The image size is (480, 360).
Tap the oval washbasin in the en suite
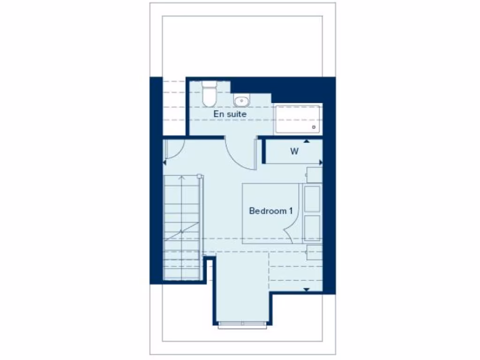[241, 100]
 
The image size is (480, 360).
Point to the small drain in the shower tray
[314, 127]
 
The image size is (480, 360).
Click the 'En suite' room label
[230, 114]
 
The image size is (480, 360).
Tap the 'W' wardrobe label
[294, 151]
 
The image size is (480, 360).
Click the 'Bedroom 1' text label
[271, 211]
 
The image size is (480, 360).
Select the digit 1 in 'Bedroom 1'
[291, 211]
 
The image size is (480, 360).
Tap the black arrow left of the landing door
[165, 162]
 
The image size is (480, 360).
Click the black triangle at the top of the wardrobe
[307, 141]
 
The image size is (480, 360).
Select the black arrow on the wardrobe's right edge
[321, 162]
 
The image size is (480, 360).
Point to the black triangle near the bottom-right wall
[307, 290]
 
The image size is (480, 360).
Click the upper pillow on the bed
[312, 198]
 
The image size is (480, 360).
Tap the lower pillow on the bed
[312, 228]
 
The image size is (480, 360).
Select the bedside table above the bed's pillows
[314, 174]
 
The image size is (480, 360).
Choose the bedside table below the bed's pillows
[314, 252]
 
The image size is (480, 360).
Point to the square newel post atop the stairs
[200, 176]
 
